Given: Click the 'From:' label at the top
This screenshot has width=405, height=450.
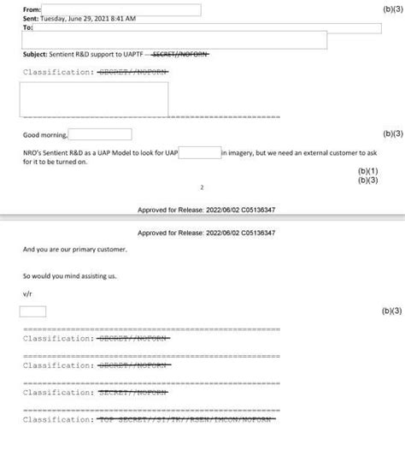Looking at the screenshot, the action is point(32,9).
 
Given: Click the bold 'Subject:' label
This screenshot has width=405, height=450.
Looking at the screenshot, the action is point(35,54).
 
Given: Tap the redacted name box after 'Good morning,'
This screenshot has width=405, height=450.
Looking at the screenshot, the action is point(100,134).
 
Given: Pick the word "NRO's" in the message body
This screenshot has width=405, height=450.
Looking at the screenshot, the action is point(32,152).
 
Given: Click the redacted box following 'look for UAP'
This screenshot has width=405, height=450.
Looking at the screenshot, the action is point(200,152).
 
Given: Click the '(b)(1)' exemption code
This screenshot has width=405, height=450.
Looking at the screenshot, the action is point(367,171).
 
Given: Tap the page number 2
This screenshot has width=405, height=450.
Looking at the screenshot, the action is point(202,187).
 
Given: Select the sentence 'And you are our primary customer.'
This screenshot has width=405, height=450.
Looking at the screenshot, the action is point(74,250).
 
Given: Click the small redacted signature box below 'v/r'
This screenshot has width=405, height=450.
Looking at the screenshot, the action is point(32,311).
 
